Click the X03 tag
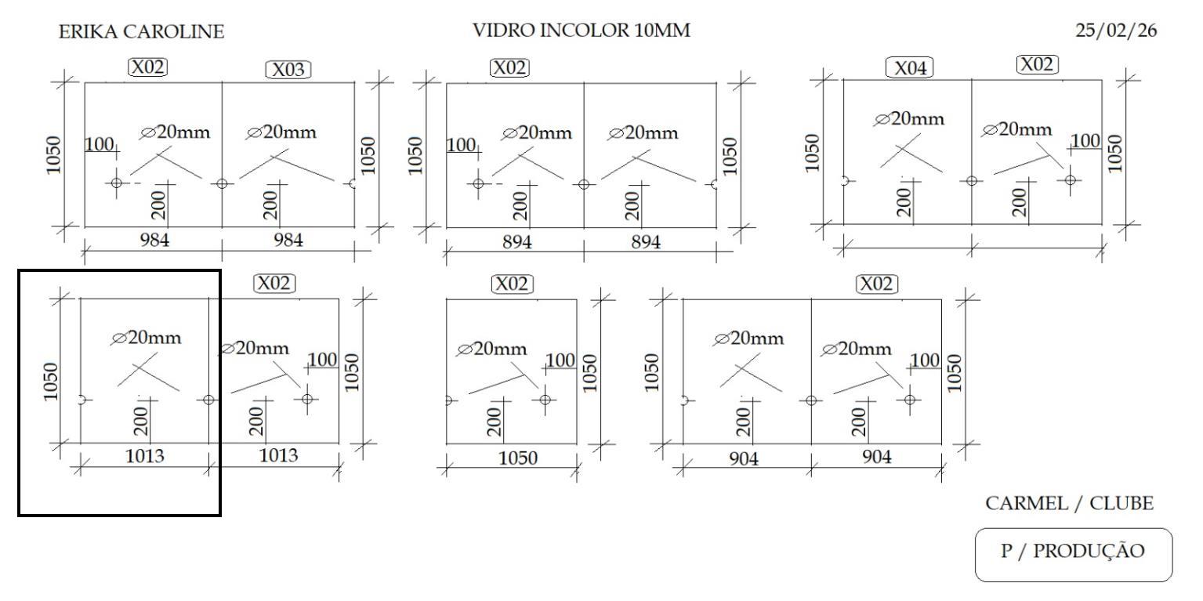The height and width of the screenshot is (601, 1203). (288, 70)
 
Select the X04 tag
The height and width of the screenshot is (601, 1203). (909, 68)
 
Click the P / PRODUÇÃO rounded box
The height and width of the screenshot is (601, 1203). (1073, 552)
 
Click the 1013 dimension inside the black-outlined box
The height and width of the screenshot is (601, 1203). (146, 456)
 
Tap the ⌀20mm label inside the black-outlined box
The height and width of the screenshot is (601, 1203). (147, 339)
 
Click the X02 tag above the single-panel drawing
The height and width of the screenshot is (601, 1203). (511, 284)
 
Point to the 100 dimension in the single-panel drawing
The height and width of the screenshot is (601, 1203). (560, 360)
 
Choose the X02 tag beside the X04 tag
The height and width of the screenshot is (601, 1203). (1037, 64)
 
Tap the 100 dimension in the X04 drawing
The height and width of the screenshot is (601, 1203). (1085, 141)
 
